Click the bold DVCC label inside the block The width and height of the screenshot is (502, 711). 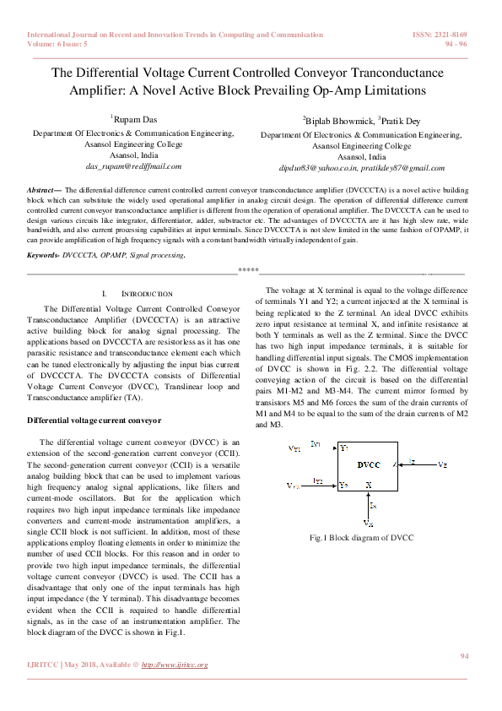click(368, 464)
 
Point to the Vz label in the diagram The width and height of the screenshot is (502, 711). click(444, 464)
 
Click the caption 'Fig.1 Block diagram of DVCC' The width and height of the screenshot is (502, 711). click(361, 537)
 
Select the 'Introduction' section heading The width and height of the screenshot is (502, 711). click(148, 293)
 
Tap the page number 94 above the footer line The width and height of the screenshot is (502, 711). click(463, 655)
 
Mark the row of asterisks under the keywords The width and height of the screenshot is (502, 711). click(248, 270)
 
